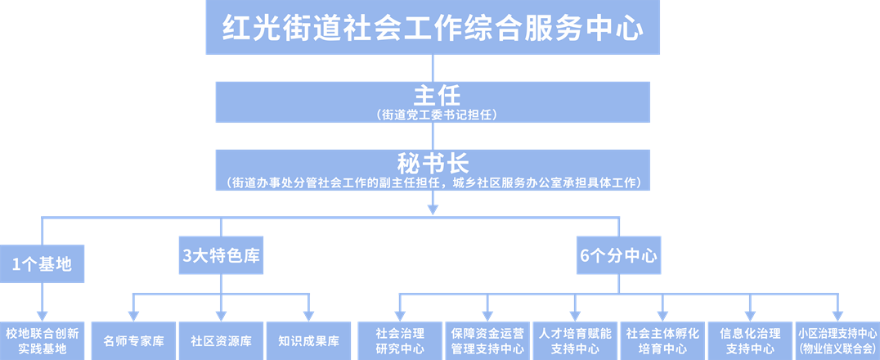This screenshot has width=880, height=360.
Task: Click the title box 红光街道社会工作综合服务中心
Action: pyautogui.click(x=433, y=28)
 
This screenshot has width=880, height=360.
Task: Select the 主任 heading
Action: pyautogui.click(x=433, y=95)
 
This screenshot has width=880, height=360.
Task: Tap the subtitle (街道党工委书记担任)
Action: pyautogui.click(x=433, y=115)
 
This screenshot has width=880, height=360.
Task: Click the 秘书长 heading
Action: pyautogui.click(x=433, y=163)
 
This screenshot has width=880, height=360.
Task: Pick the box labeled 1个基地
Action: pyautogui.click(x=42, y=264)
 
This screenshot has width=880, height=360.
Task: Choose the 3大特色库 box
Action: pyautogui.click(x=221, y=255)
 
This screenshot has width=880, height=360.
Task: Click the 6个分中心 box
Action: pyautogui.click(x=618, y=255)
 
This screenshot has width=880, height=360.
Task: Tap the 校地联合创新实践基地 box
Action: pyautogui.click(x=42, y=341)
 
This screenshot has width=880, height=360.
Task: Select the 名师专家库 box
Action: pyautogui.click(x=133, y=341)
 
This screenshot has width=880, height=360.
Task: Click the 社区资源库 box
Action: pyautogui.click(x=221, y=341)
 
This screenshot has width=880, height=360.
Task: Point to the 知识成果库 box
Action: pyautogui.click(x=308, y=341)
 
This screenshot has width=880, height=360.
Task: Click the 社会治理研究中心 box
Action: pyautogui.click(x=400, y=341)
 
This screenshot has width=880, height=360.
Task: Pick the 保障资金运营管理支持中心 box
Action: pyautogui.click(x=487, y=341)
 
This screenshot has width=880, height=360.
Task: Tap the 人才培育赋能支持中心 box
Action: pyautogui.click(x=575, y=341)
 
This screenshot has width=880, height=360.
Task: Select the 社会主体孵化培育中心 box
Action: pyautogui.click(x=662, y=341)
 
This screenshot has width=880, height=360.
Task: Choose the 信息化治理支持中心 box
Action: pyautogui.click(x=750, y=341)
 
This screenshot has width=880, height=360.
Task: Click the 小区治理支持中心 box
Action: pyautogui.click(x=837, y=341)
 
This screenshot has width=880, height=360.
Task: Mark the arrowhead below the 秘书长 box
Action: pyautogui.click(x=433, y=209)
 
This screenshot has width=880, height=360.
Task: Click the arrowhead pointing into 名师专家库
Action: pyautogui.click(x=133, y=316)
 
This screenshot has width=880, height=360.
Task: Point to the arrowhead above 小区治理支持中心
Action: pyautogui.click(x=837, y=316)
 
